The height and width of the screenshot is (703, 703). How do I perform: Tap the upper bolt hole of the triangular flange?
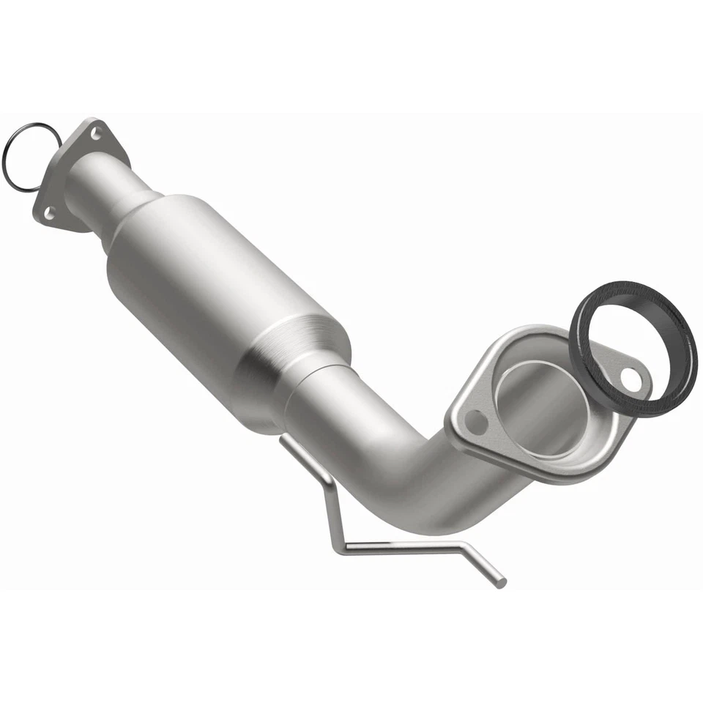tap(95, 133)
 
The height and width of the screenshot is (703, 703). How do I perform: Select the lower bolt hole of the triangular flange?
tap(49, 213)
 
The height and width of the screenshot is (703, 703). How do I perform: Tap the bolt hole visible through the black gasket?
tap(631, 378)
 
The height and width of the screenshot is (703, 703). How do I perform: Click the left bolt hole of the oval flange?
tap(475, 422)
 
